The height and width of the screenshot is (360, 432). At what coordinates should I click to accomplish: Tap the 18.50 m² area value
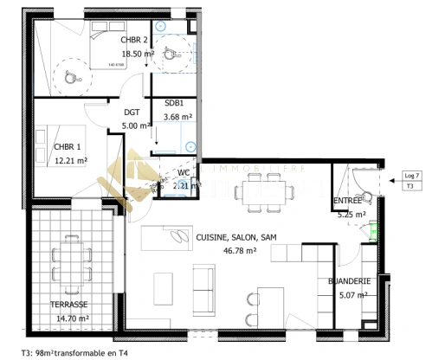tap(138, 53)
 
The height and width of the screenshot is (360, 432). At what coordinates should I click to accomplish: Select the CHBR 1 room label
tap(68, 146)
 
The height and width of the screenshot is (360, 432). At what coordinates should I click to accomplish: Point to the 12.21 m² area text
tap(71, 160)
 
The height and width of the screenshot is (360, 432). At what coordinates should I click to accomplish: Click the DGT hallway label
tap(132, 112)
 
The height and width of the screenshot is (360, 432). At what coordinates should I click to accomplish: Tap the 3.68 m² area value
tap(177, 116)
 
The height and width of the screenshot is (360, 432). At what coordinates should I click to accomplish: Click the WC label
tap(184, 171)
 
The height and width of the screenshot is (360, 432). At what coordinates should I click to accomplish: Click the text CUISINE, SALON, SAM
tap(235, 237)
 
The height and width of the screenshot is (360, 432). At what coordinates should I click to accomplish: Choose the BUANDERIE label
tap(350, 281)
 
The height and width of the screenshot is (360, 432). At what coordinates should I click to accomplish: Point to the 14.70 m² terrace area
tap(72, 318)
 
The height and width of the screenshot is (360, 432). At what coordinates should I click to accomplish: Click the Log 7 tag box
tap(411, 176)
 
